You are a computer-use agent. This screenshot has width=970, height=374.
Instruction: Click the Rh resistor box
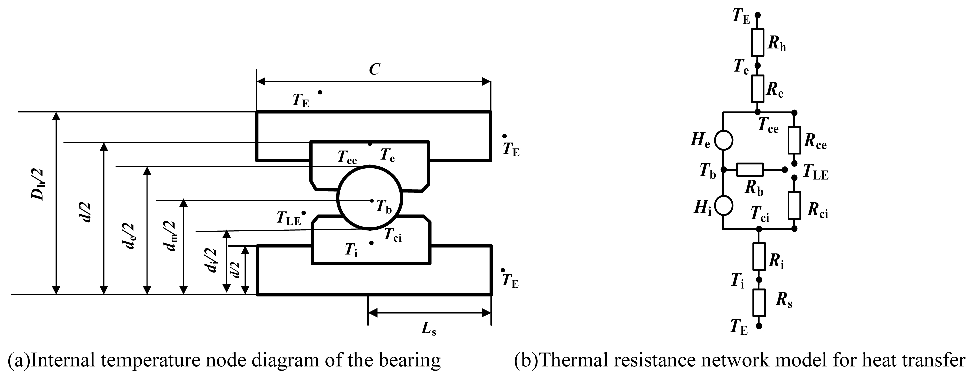(x=758, y=42)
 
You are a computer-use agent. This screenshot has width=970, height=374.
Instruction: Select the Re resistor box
(x=758, y=89)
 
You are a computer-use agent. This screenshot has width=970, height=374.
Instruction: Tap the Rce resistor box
(x=794, y=140)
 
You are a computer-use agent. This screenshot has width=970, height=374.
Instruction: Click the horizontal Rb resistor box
(x=750, y=170)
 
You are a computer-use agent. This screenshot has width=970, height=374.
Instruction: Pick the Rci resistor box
(x=794, y=205)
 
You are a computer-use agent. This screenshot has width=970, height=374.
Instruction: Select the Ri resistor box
(x=759, y=256)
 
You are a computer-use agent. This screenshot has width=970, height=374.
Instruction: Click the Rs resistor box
(x=759, y=303)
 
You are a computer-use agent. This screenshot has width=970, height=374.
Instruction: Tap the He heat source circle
(x=723, y=140)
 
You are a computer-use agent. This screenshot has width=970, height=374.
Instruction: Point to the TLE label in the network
(x=815, y=173)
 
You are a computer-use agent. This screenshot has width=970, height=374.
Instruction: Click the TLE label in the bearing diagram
(x=289, y=218)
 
